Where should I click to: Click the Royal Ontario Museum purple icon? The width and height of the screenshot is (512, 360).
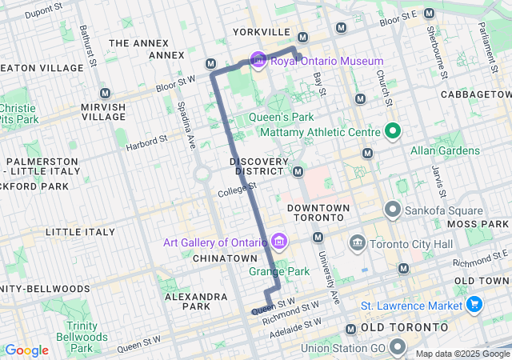(258, 61)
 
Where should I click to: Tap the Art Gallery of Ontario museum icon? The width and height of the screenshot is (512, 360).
(279, 241)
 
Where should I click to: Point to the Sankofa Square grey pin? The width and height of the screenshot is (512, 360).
(392, 210)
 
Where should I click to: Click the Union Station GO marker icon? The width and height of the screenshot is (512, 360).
(398, 347)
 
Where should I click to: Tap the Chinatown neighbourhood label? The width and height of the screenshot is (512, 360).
(225, 258)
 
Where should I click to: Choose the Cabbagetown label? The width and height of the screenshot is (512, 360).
(475, 94)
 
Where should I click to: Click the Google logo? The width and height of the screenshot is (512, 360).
(26, 350)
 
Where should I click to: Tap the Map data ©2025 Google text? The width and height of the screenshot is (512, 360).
(462, 354)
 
